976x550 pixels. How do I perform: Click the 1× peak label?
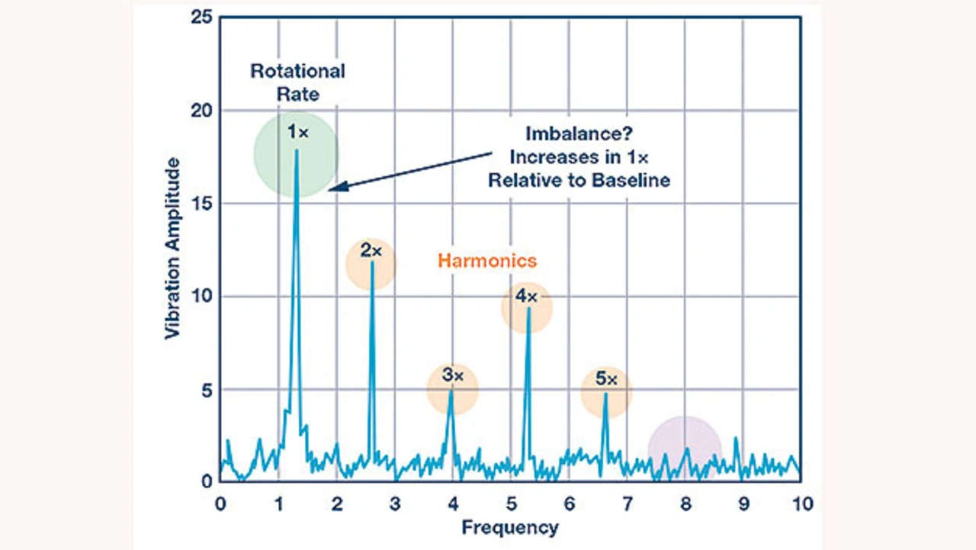(x=297, y=132)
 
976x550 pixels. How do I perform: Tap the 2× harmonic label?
(x=371, y=250)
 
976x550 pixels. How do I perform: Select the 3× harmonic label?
(x=452, y=375)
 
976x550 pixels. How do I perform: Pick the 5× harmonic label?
(x=607, y=379)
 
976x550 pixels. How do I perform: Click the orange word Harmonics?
(x=487, y=261)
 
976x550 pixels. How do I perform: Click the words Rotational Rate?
(x=297, y=82)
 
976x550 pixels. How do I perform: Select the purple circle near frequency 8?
(x=685, y=449)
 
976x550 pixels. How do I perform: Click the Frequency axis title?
(x=509, y=527)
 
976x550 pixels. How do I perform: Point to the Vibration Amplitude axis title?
(x=173, y=249)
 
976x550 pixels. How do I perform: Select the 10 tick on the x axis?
(x=801, y=504)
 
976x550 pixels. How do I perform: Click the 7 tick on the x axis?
(x=627, y=504)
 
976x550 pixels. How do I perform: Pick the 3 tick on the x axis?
(x=394, y=504)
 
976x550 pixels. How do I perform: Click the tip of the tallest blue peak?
(x=297, y=150)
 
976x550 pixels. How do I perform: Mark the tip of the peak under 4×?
(x=528, y=308)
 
